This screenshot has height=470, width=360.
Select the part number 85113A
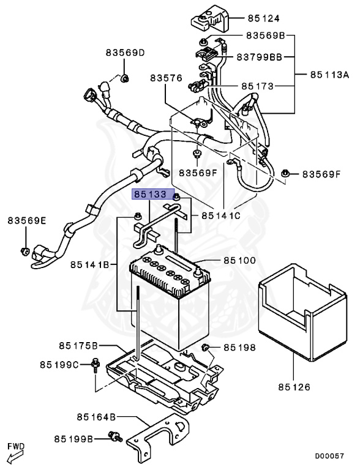(329, 75)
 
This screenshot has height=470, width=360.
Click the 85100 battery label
(240, 260)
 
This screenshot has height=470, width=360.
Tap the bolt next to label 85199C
(97, 365)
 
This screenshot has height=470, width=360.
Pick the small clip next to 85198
(206, 349)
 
